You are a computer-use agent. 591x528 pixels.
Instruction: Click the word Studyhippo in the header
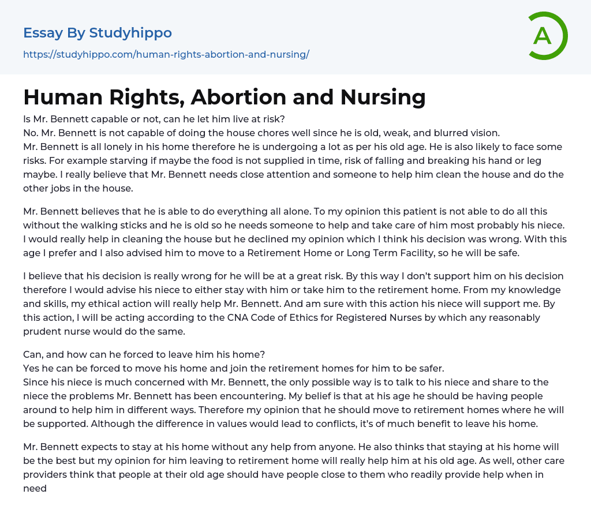tap(130, 33)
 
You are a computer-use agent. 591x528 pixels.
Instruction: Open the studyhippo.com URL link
tap(166, 54)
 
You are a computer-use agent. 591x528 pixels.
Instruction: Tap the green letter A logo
tap(543, 36)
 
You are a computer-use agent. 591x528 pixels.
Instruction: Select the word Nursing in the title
tap(383, 98)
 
